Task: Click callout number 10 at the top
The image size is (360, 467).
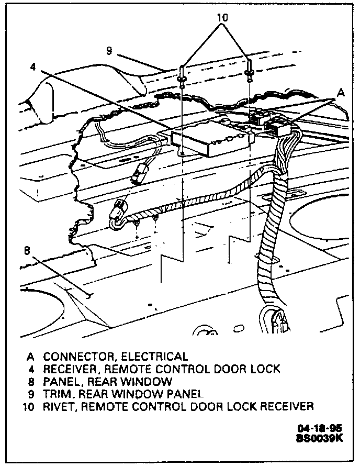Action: (x=222, y=18)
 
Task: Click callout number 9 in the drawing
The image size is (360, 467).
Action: (x=109, y=51)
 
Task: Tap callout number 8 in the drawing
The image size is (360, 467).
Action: (x=27, y=250)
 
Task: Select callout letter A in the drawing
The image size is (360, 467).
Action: (x=341, y=92)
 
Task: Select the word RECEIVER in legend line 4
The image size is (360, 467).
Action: (x=71, y=369)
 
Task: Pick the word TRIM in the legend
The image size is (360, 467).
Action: (x=56, y=394)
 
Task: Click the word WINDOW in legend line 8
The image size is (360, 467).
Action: (x=151, y=382)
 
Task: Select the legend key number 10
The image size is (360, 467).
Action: (x=28, y=406)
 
